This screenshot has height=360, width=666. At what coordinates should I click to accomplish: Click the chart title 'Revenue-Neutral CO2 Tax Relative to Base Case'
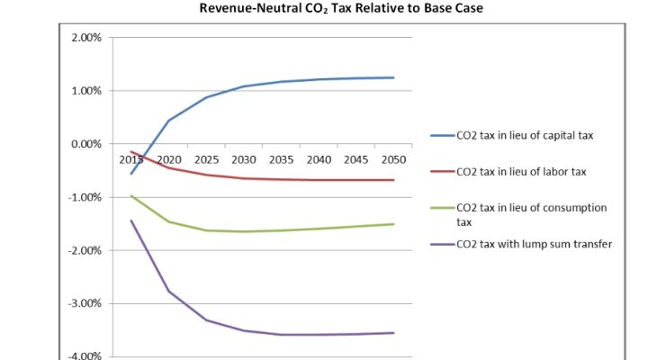click(x=332, y=11)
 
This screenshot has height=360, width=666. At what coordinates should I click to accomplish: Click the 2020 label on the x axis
click(x=168, y=159)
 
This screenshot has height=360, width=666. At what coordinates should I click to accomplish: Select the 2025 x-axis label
click(x=206, y=159)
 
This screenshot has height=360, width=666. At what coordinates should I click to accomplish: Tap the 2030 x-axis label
click(x=244, y=159)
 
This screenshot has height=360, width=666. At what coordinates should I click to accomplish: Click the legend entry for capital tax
click(x=525, y=137)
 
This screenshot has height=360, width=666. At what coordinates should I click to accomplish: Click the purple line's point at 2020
click(x=168, y=291)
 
